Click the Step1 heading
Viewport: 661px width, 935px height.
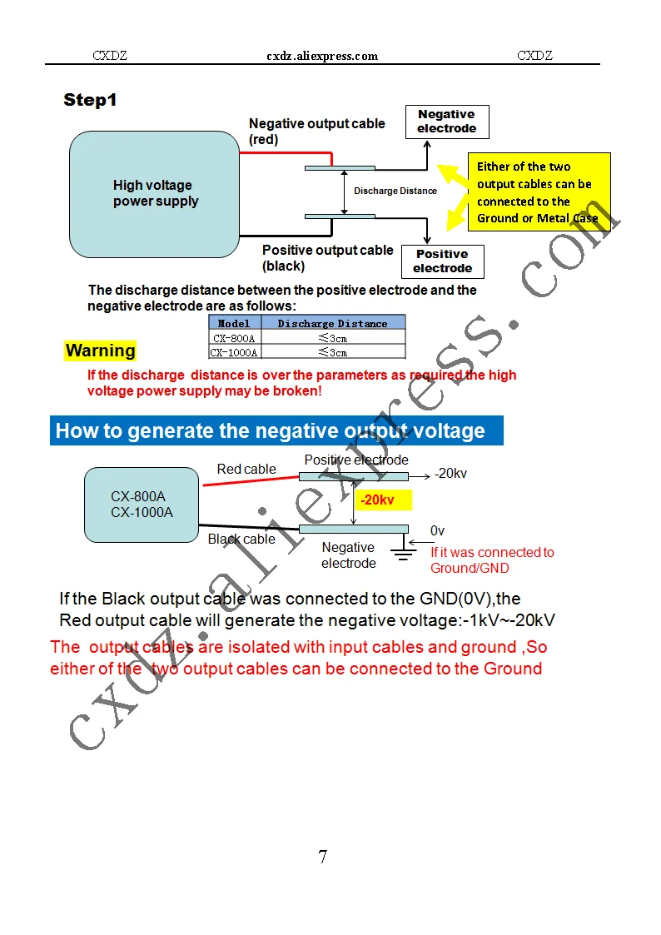(x=90, y=101)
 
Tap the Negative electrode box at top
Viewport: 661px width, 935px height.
(x=446, y=122)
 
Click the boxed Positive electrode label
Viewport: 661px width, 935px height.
(x=442, y=261)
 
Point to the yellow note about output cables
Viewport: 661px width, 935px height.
(x=538, y=192)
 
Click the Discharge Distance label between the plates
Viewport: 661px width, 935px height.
(x=395, y=191)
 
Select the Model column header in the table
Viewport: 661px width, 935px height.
(x=234, y=323)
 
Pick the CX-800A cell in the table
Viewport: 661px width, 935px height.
(x=234, y=338)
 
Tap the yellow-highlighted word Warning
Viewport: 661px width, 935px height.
(x=100, y=351)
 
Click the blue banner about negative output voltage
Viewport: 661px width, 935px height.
(x=276, y=430)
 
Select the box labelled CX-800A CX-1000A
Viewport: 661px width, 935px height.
(x=142, y=505)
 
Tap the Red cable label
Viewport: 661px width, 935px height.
(x=246, y=470)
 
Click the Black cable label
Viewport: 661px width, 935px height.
(x=241, y=539)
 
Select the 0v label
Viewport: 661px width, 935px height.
(x=438, y=530)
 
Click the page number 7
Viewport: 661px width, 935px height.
(x=322, y=857)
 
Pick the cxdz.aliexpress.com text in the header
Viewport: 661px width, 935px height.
(x=322, y=57)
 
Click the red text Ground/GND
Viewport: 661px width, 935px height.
(x=470, y=568)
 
